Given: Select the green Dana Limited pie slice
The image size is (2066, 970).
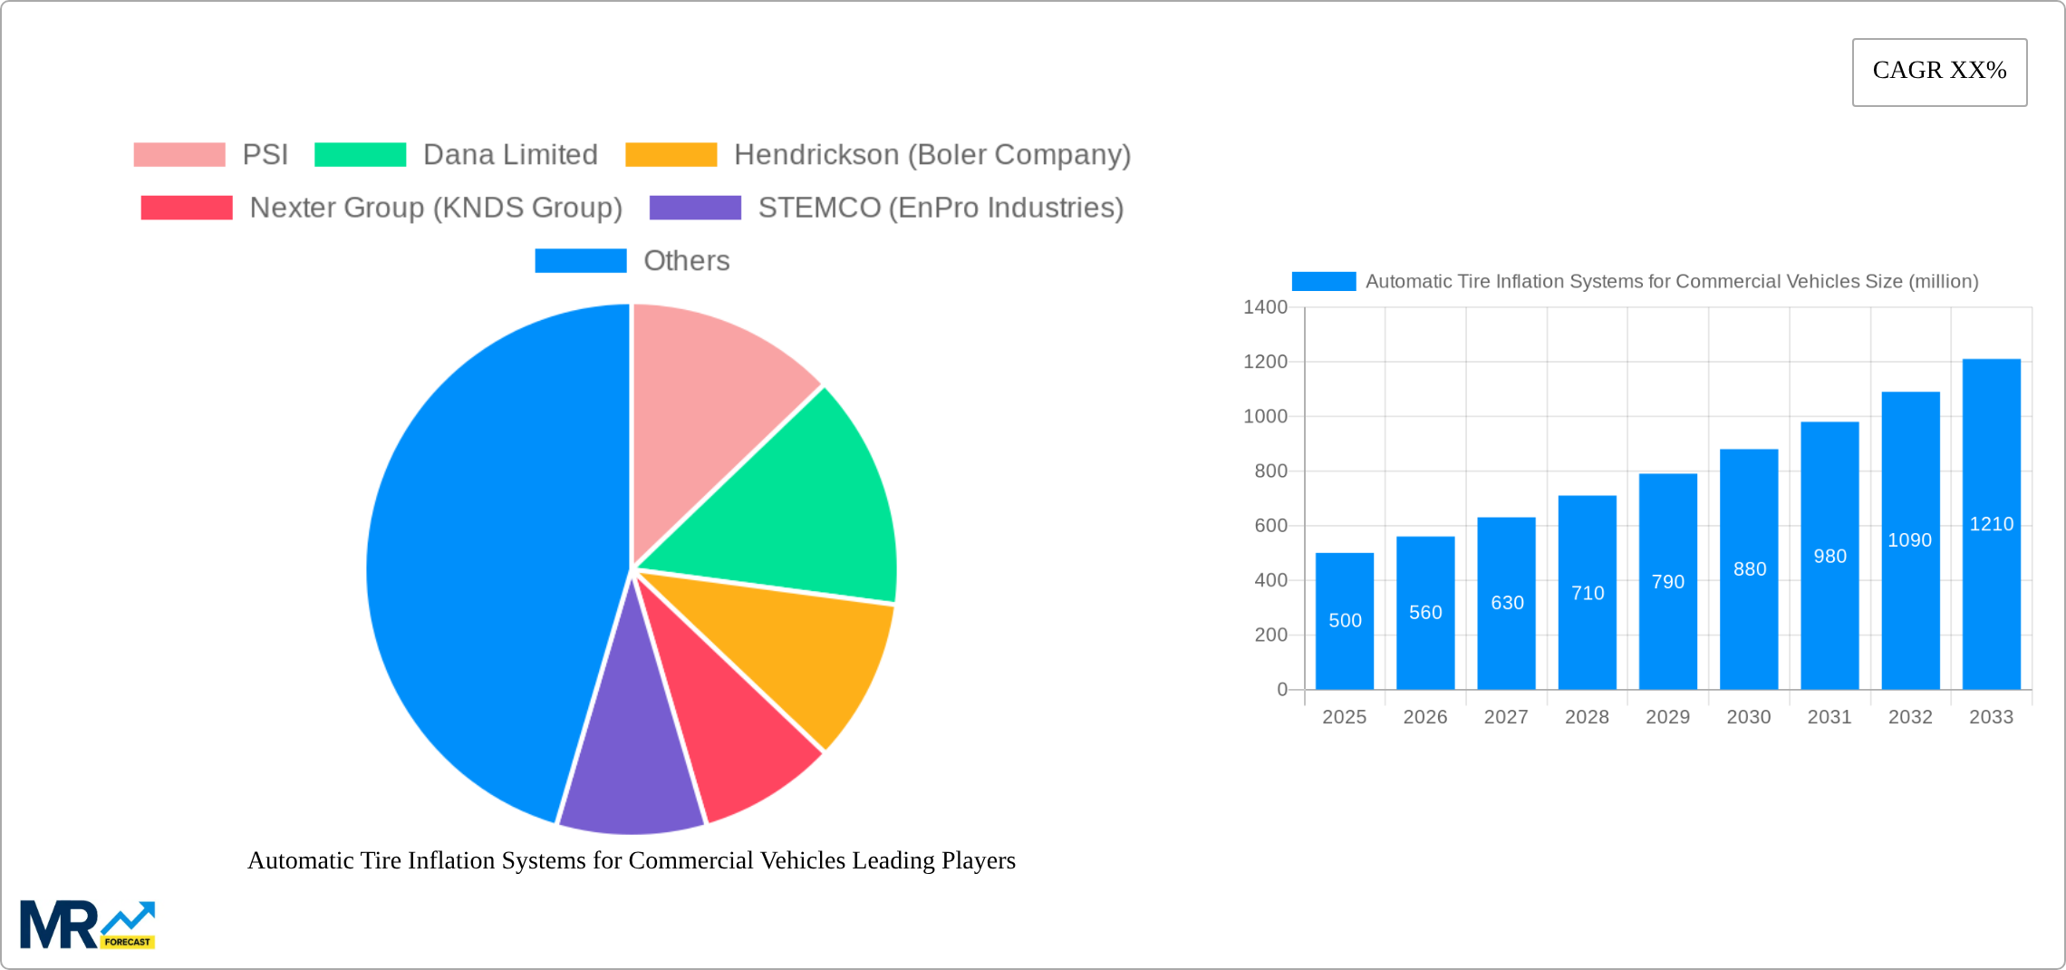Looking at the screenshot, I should [797, 508].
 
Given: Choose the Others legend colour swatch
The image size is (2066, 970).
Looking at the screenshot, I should [580, 261].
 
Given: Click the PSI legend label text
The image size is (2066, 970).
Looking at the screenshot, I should [265, 155].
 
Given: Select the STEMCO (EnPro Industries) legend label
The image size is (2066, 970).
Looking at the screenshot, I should [940, 208].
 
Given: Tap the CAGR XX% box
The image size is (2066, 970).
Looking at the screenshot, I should [1939, 72].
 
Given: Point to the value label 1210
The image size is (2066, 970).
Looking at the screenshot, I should [1991, 524].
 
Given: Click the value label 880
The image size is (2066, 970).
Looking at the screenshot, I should [1749, 569].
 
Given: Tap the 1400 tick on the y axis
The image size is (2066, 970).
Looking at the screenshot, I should [1265, 307].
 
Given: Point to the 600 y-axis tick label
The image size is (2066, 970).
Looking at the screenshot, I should [1270, 526].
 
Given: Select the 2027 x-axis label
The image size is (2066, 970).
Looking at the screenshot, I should [1505, 717].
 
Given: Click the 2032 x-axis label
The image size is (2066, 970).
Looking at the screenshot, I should [1909, 717].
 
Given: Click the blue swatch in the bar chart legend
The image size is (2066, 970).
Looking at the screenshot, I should [1323, 282].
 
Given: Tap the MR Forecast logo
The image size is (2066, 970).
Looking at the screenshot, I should [87, 925].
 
